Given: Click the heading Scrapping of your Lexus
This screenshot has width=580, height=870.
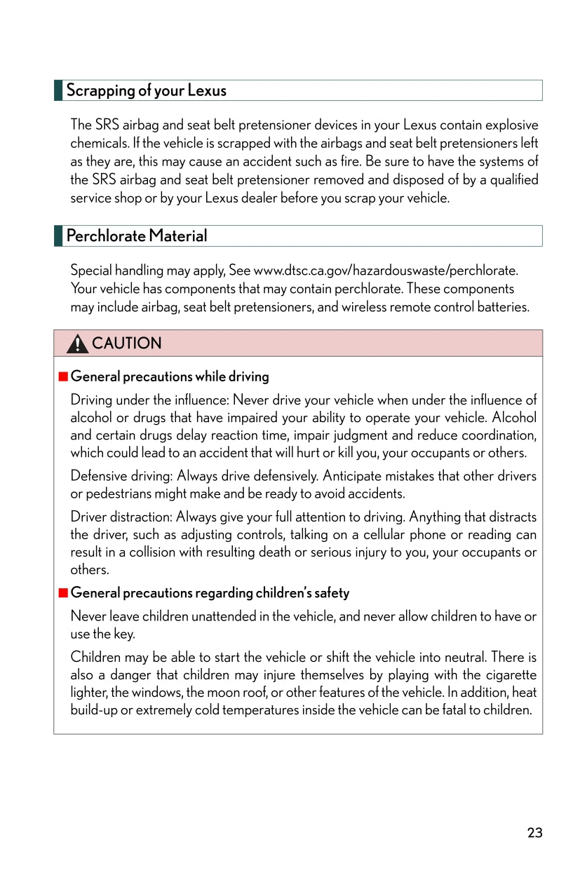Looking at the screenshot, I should (x=146, y=90).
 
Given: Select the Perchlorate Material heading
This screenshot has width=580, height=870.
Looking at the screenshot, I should (x=136, y=236).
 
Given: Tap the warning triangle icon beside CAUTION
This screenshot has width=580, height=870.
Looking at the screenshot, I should (x=78, y=344).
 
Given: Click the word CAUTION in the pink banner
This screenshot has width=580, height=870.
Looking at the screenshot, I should (x=126, y=344).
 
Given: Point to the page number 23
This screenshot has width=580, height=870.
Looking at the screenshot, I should (x=534, y=833).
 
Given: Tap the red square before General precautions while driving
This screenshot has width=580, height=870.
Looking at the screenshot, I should (x=63, y=376).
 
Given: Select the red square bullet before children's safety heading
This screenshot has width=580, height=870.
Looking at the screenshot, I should (x=63, y=593).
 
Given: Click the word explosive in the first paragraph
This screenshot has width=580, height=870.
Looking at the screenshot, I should (x=512, y=125).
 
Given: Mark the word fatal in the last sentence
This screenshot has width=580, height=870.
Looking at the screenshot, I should (x=451, y=710).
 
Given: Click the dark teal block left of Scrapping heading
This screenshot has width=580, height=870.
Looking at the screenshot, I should (x=58, y=90).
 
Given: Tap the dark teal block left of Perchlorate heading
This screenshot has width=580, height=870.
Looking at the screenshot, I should (x=58, y=236).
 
